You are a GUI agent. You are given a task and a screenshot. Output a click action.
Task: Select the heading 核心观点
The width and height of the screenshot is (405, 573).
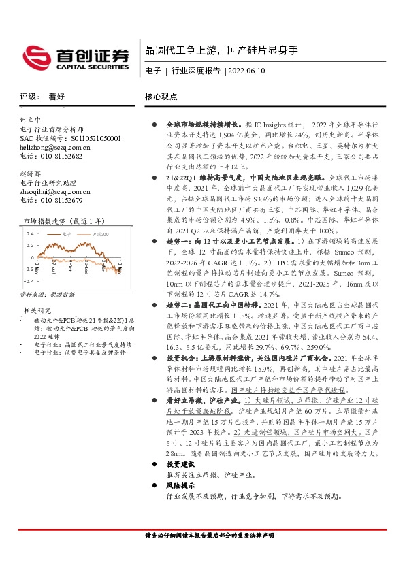coord(162,97)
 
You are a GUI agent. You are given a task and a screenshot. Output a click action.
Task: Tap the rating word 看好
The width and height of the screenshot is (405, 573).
coord(56,97)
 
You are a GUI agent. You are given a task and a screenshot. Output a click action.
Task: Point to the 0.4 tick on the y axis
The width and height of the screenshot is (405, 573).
coord(30,233)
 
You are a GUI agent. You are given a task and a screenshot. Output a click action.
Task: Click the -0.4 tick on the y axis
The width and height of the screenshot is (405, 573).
coord(29,280)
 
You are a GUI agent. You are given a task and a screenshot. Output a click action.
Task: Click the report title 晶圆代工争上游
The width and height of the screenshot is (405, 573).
coord(180,51)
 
